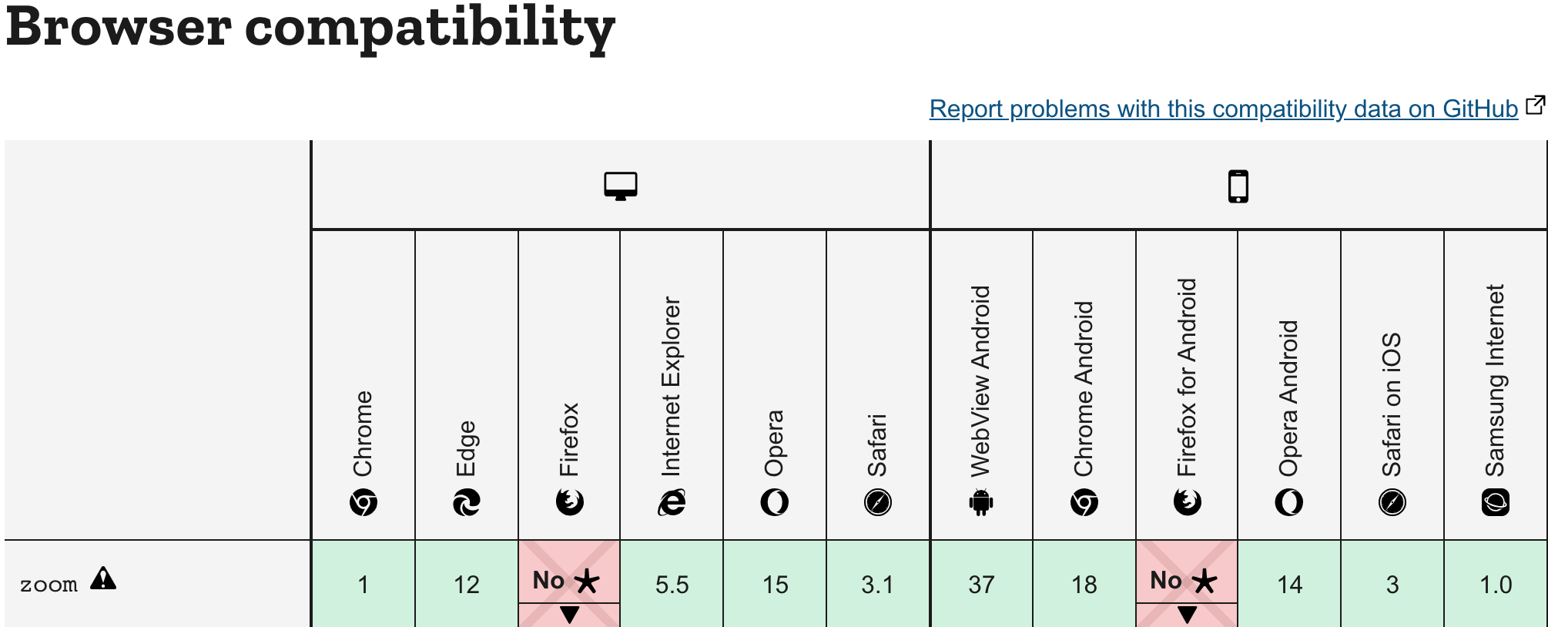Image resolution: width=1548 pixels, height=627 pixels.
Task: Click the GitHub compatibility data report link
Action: tap(1223, 109)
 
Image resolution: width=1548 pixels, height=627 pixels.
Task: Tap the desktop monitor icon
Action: tap(621, 186)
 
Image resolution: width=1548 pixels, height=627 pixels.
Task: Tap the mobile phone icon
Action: tap(1238, 186)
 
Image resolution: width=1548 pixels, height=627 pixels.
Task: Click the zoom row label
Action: tap(49, 585)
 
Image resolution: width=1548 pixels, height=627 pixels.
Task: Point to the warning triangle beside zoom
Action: tap(103, 578)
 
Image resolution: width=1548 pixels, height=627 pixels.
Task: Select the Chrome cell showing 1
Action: tap(363, 585)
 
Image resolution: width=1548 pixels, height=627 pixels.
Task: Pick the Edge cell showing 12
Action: tap(466, 585)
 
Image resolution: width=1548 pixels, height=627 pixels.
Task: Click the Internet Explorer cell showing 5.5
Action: tap(672, 585)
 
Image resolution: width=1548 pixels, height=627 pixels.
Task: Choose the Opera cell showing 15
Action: tap(775, 585)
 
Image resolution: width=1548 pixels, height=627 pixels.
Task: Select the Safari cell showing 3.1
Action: tap(877, 585)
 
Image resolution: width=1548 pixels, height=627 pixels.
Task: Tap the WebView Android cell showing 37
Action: tap(981, 585)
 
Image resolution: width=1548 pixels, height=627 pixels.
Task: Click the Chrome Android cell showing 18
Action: tap(1084, 585)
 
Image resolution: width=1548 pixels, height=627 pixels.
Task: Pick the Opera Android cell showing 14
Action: tap(1289, 585)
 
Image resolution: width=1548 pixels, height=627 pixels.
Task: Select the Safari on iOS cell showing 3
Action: tap(1392, 585)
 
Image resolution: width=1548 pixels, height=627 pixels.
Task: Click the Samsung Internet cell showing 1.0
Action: tap(1496, 585)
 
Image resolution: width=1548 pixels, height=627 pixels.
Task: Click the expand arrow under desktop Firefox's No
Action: tap(569, 615)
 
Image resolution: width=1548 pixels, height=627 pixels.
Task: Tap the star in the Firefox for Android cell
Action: tap(1205, 582)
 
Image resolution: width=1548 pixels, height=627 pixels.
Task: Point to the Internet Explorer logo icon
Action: tap(672, 502)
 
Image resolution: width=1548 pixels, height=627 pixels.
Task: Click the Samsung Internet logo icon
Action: tap(1496, 502)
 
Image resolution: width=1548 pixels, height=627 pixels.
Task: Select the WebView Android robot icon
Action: tap(981, 502)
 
